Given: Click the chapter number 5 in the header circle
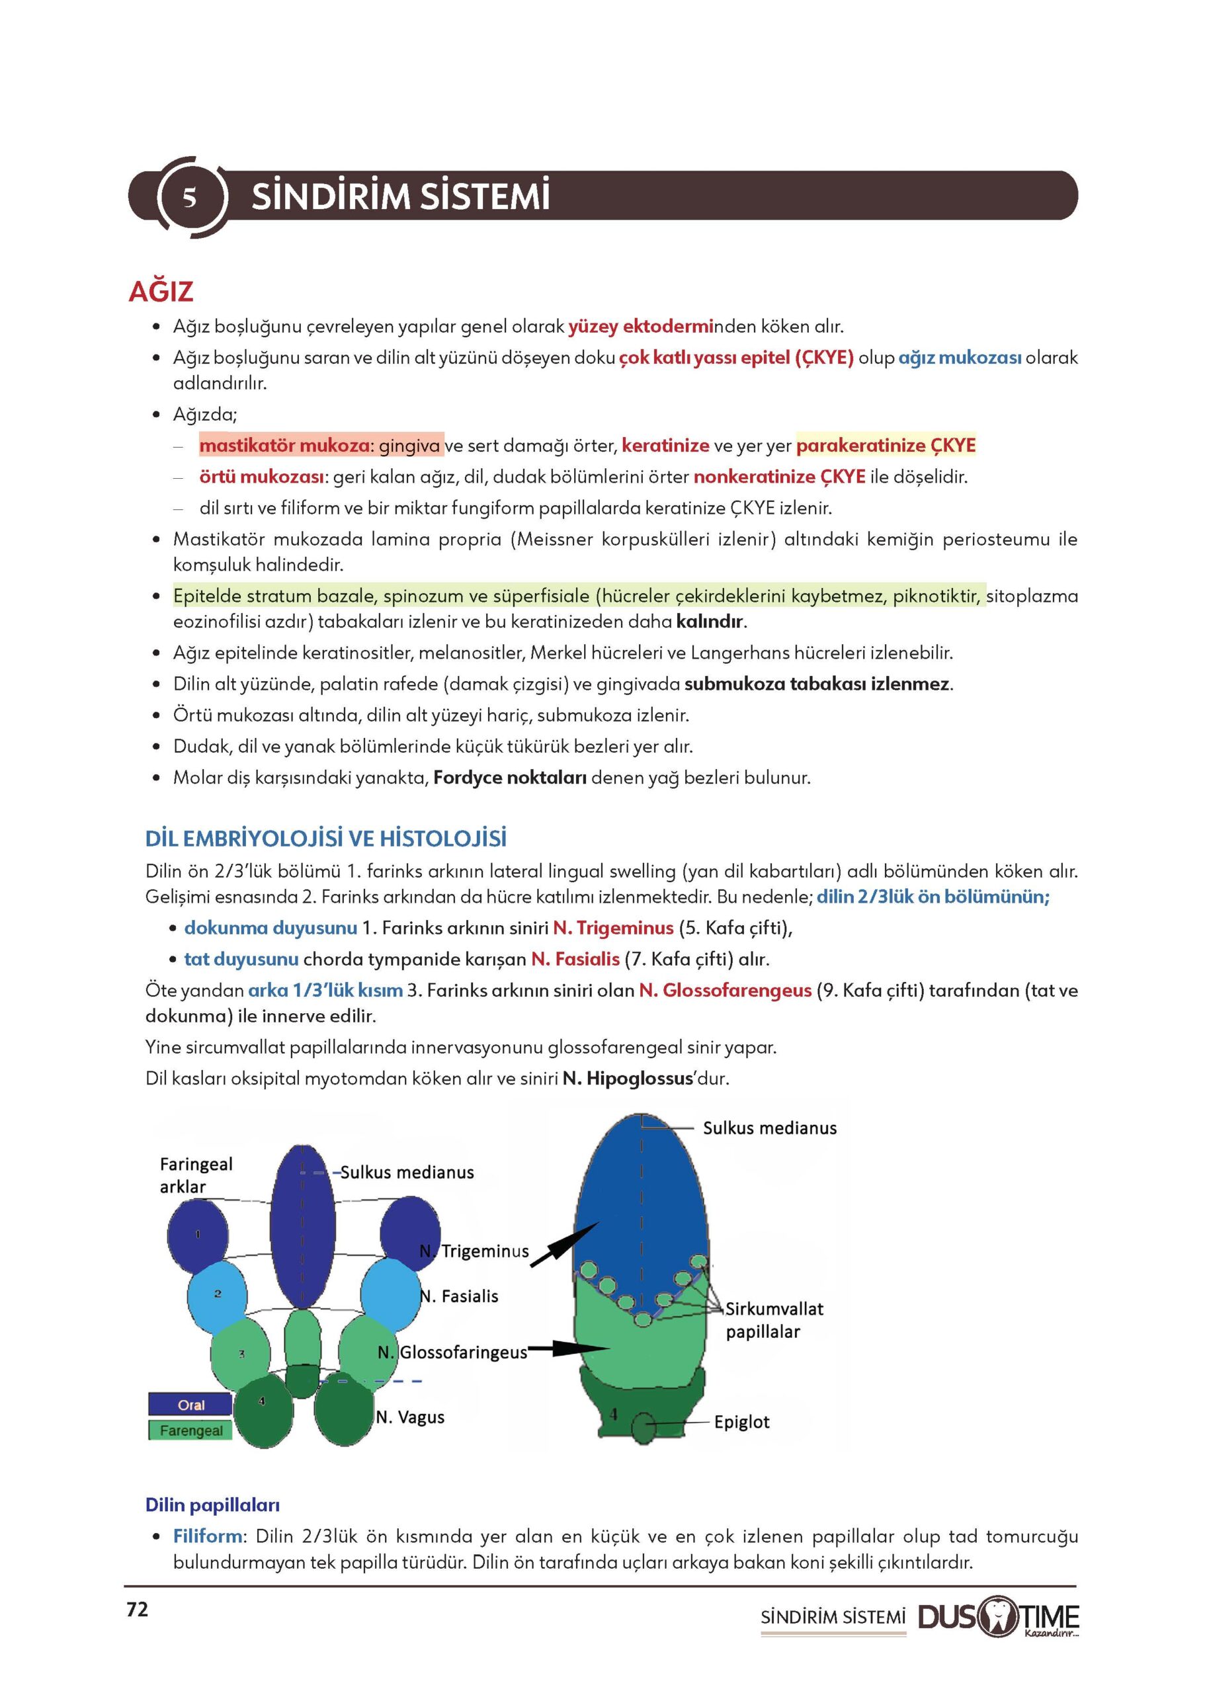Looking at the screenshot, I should point(190,197).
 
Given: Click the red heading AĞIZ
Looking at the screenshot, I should point(161,292).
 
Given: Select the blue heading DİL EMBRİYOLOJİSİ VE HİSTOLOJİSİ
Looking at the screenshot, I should point(325,839).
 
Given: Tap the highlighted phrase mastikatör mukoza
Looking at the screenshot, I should point(284,445).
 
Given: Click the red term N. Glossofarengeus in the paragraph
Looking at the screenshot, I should point(725,990).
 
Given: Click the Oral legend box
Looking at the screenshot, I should point(190,1405).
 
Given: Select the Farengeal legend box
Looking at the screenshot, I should point(190,1430).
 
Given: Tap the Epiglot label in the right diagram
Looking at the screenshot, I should point(741,1422).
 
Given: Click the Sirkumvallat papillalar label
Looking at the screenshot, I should point(774,1319).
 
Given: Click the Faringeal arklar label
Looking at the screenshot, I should point(196,1175).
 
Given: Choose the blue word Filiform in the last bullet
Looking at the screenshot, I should point(208,1536).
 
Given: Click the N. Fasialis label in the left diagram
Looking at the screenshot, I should point(458,1296).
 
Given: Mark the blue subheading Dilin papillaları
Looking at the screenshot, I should point(212,1505).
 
